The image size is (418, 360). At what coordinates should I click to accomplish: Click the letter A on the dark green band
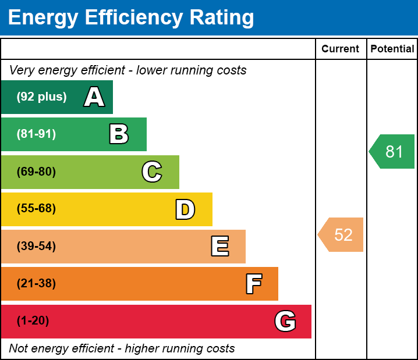pos(94,97)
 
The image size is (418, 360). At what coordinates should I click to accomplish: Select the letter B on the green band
pos(119,134)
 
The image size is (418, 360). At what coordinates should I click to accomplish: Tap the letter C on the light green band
pos(152,172)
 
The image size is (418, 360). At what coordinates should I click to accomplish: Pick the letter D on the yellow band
pos(185,209)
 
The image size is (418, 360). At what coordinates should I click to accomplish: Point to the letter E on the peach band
pos(219,247)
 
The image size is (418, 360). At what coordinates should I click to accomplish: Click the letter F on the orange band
pos(253,284)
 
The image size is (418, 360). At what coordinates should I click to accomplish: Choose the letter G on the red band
pos(285,321)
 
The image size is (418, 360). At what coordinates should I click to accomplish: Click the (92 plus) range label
pos(41,97)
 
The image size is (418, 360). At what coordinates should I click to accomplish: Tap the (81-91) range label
pos(36,134)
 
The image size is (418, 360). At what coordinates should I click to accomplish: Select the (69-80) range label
pos(36,172)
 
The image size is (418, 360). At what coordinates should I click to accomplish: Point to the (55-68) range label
pos(36,209)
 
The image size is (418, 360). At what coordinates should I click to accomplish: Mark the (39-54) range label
pos(36,247)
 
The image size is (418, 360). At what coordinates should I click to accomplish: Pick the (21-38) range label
pos(36,284)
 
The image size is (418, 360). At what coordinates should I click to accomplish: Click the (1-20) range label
pos(33,321)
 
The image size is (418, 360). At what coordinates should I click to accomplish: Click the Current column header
pos(341,49)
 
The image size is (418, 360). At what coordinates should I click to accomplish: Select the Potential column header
pos(392,49)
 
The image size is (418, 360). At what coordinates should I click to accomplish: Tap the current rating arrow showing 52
pos(342,235)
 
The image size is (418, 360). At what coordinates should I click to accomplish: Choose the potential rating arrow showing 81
pos(393,152)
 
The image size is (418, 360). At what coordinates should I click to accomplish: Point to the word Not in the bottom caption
pos(19,348)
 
